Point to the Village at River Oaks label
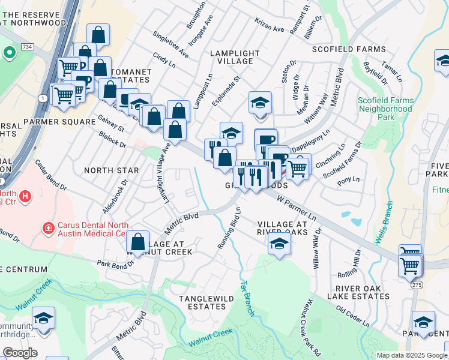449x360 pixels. click(x=282, y=227)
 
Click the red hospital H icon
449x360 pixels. click(x=25, y=196)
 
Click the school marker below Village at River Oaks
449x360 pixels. click(x=279, y=244)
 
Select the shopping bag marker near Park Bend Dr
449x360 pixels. click(x=138, y=242)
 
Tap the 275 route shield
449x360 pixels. click(x=417, y=286)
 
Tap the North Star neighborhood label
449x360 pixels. click(x=111, y=170)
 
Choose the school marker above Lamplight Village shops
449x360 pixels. click(x=261, y=103)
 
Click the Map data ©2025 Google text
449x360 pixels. click(x=412, y=355)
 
